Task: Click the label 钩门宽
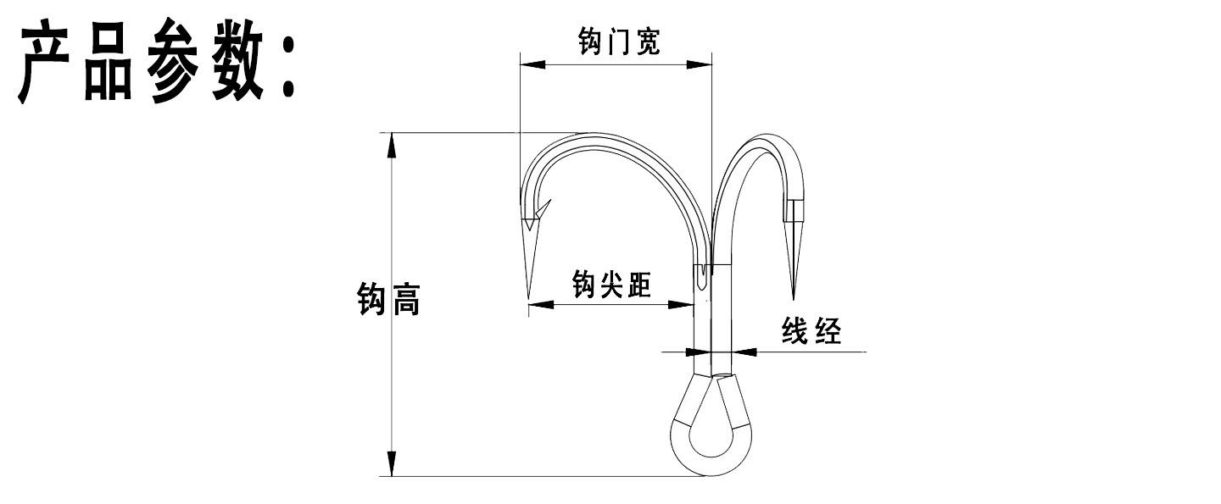point(618,42)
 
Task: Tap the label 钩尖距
point(611,285)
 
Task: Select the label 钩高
point(388,301)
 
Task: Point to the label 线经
point(811,331)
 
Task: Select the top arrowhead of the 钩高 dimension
point(392,146)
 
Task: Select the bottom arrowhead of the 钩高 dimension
point(392,463)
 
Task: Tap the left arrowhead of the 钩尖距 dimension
point(540,304)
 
